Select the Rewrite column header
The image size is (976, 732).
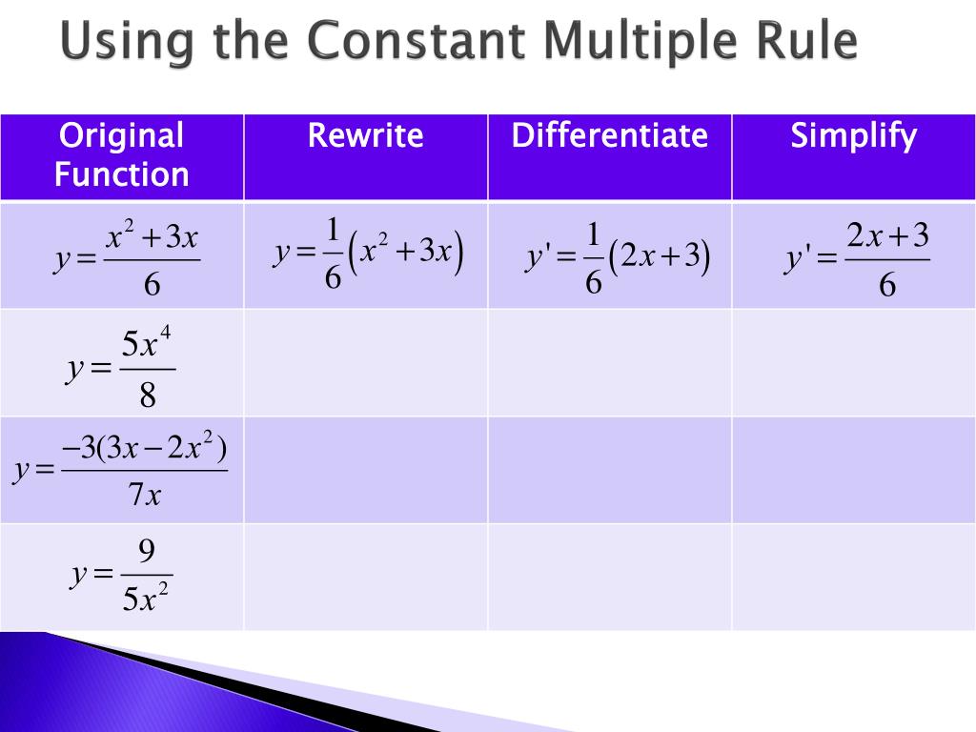point(365,135)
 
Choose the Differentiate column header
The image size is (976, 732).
point(609,135)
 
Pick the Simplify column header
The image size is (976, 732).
point(853,135)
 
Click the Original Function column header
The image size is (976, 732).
point(121,154)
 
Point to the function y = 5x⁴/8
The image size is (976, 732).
point(121,367)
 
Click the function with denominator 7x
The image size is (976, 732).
point(121,469)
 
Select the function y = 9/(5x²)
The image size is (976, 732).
point(121,575)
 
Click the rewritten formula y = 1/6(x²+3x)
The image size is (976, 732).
point(368,254)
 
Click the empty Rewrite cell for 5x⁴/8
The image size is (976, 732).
point(365,362)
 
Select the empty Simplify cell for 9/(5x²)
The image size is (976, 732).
point(853,577)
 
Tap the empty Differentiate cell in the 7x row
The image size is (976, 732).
point(609,469)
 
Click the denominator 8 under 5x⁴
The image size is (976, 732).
point(147,395)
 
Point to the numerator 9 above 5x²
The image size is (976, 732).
point(146,551)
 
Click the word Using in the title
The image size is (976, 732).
point(114,44)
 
